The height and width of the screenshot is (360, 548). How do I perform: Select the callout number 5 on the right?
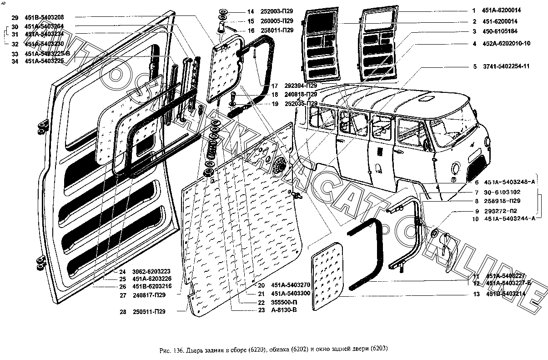click(474, 67)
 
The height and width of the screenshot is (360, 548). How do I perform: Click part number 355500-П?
click(271, 302)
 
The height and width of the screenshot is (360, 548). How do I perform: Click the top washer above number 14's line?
click(224, 11)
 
